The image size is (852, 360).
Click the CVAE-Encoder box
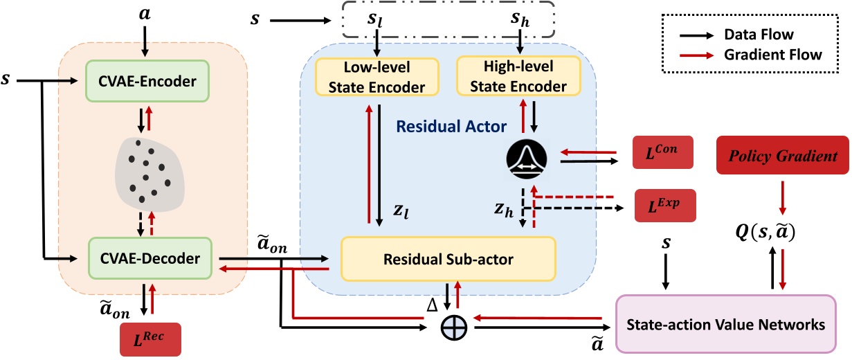click(x=145, y=81)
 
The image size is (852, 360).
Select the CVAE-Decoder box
click(x=145, y=258)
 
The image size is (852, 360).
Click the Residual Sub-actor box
click(x=448, y=259)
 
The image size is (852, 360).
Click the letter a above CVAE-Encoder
click(x=144, y=14)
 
